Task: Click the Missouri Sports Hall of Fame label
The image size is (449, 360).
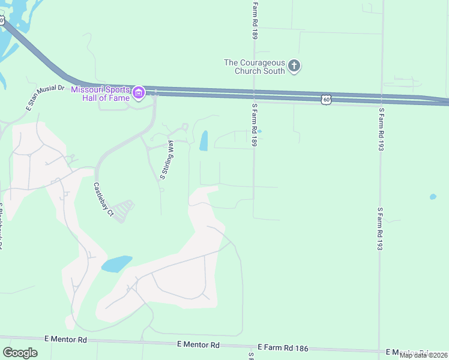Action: pyautogui.click(x=101, y=94)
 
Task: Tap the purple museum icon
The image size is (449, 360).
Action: pyautogui.click(x=139, y=92)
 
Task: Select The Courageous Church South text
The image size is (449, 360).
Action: pyautogui.click(x=255, y=67)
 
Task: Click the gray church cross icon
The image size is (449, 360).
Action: pyautogui.click(x=294, y=65)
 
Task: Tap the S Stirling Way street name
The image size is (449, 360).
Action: pyautogui.click(x=167, y=160)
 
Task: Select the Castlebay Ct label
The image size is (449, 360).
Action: pyautogui.click(x=103, y=199)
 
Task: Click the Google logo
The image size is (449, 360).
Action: pyautogui.click(x=20, y=353)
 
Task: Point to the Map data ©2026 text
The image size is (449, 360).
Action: pyautogui.click(x=423, y=355)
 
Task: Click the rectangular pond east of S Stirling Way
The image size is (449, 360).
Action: pyautogui.click(x=203, y=141)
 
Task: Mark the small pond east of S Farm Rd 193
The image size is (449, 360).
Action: pyautogui.click(x=433, y=196)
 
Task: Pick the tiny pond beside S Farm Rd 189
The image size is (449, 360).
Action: pyautogui.click(x=259, y=131)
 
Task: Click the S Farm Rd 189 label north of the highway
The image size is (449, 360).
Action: pyautogui.click(x=255, y=20)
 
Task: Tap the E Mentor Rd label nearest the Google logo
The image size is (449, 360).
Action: pyautogui.click(x=65, y=340)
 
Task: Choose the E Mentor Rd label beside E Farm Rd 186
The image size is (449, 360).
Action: pyautogui.click(x=199, y=345)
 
